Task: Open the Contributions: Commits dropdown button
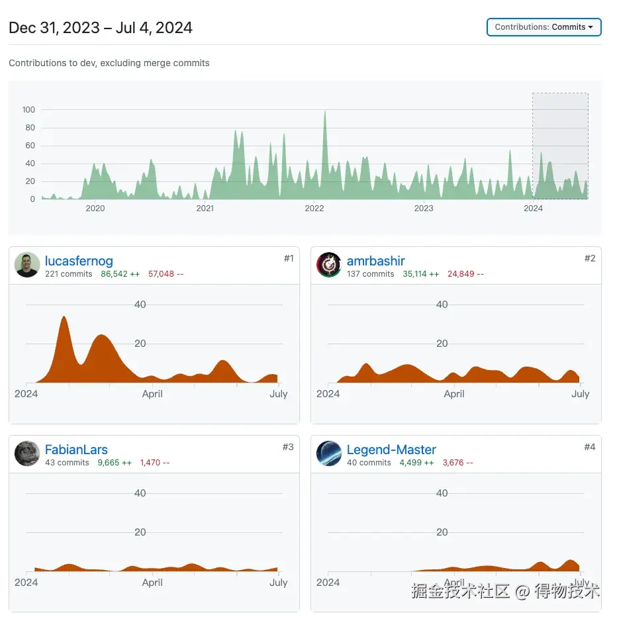[544, 27]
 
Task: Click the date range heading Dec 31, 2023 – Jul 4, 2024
[101, 28]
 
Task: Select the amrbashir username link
[375, 261]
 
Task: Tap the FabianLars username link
[76, 450]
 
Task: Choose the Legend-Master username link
[391, 450]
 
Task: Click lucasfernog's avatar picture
[27, 265]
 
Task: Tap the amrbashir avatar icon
[329, 265]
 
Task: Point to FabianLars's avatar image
[27, 453]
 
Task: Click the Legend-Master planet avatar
[329, 453]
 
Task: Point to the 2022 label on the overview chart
[314, 208]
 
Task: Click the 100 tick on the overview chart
[28, 110]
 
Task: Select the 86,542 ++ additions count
[120, 274]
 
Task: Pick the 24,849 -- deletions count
[465, 274]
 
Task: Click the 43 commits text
[67, 463]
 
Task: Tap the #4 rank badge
[589, 447]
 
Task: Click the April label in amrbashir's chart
[454, 394]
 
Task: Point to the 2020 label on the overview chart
[95, 208]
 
